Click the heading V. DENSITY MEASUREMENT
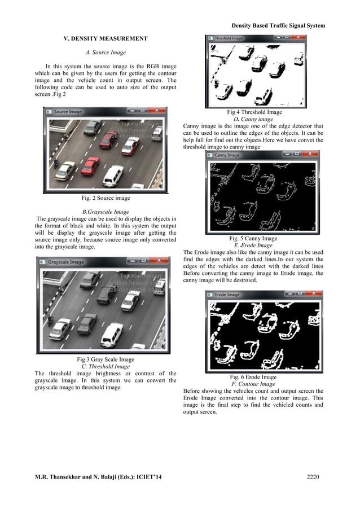[x=105, y=38]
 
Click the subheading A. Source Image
[x=105, y=52]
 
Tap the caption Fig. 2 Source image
[x=106, y=198]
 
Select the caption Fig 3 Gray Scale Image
[x=106, y=359]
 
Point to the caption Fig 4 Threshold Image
[x=254, y=112]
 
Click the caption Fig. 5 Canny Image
[x=253, y=239]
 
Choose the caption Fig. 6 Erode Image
[x=253, y=377]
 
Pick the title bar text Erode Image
[x=227, y=295]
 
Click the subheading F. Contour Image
[x=253, y=384]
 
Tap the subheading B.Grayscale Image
[x=106, y=212]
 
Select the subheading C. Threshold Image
[x=106, y=366]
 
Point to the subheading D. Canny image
[x=253, y=119]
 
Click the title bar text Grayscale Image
[x=66, y=262]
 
